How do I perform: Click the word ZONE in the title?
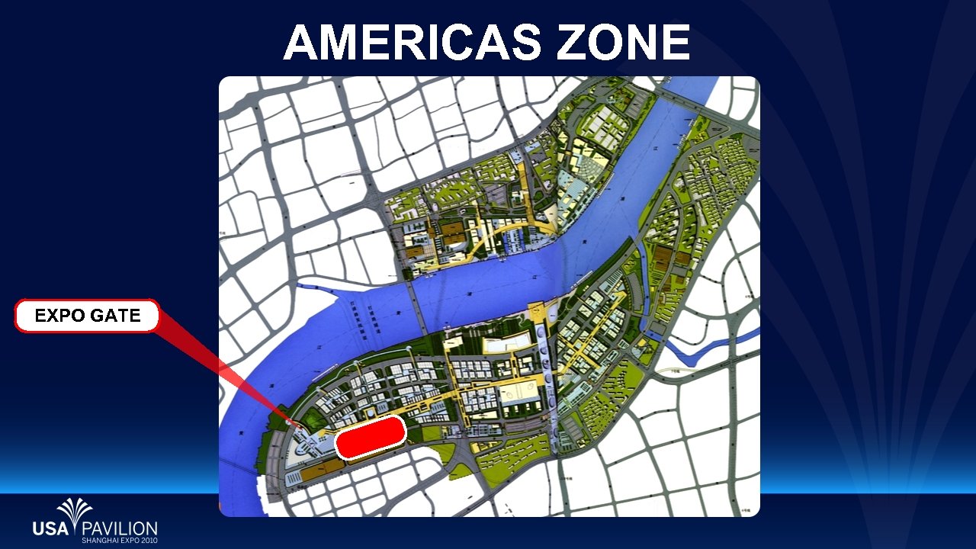623,42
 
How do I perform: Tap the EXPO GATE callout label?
87,316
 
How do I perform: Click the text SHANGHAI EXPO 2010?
119,541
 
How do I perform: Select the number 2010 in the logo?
149,541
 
